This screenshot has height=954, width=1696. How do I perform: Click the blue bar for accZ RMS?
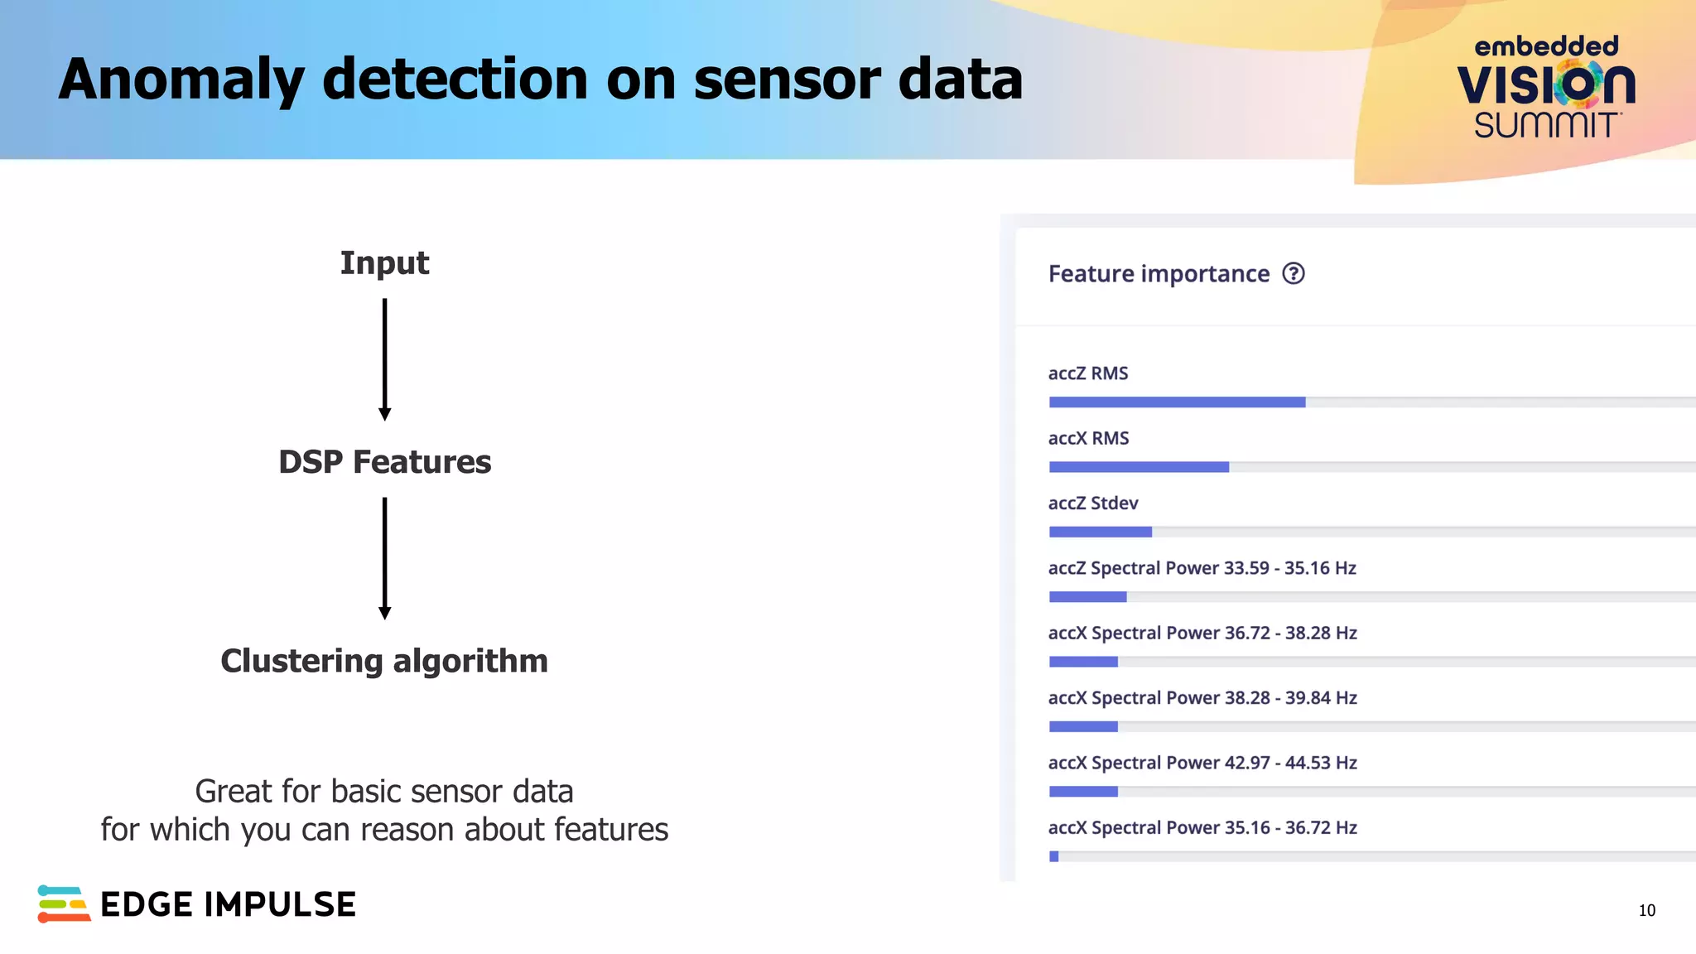(1177, 402)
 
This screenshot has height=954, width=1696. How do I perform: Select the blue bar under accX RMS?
(1139, 467)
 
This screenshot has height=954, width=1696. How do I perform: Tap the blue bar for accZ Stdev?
(1100, 532)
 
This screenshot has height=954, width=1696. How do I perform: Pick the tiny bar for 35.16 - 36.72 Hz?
(1053, 856)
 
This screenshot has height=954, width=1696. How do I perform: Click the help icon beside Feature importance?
(1293, 274)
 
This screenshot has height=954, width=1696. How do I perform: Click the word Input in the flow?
(384, 263)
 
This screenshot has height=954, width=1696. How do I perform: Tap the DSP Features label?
(384, 462)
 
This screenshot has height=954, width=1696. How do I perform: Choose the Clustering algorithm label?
(384, 661)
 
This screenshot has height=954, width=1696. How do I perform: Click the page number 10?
(1646, 911)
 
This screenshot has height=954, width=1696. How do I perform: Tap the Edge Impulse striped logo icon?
(63, 903)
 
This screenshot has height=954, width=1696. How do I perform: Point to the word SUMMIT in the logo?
(1546, 126)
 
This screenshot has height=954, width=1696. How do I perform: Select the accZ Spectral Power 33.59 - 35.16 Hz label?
(1202, 568)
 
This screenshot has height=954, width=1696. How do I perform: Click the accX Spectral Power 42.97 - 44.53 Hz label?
(1202, 763)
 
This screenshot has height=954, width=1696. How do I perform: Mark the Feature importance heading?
(1159, 274)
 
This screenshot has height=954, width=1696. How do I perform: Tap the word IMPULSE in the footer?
(280, 905)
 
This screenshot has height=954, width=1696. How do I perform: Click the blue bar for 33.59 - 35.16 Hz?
(1087, 597)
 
